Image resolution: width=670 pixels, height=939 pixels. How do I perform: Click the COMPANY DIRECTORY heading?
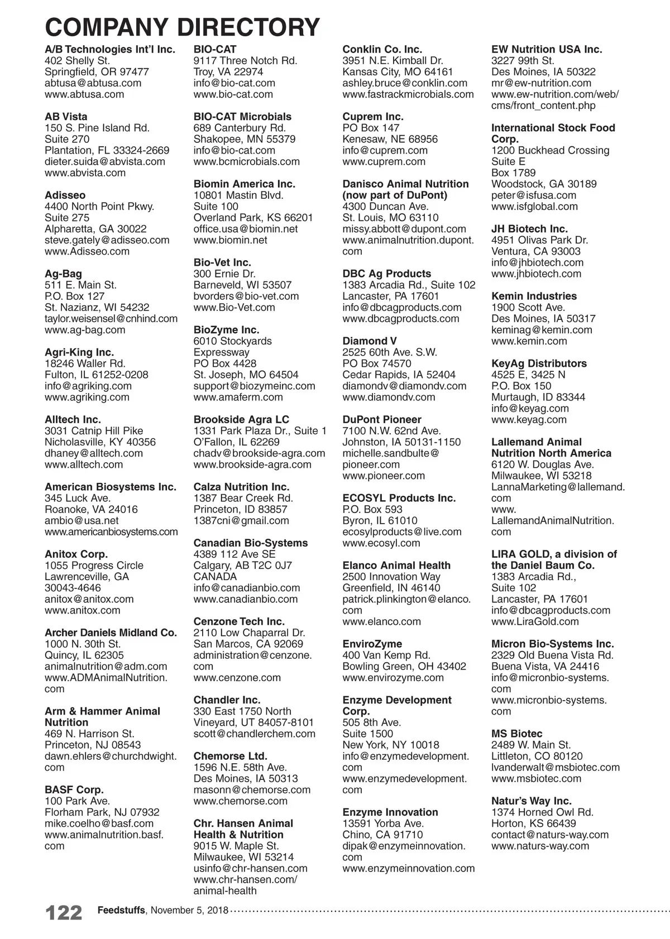(182, 27)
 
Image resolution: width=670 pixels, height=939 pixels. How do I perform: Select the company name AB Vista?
(66, 117)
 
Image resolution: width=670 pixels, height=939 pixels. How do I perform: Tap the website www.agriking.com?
(87, 397)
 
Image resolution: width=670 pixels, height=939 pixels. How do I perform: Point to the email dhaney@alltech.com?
(93, 453)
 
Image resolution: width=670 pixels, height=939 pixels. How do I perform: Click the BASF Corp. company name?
(74, 790)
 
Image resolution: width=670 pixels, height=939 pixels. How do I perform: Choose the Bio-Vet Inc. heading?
(222, 262)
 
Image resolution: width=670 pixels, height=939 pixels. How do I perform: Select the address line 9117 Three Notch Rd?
(245, 60)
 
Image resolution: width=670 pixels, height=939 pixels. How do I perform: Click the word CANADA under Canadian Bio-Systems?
(215, 577)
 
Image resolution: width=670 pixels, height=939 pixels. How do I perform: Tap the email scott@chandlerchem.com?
(254, 734)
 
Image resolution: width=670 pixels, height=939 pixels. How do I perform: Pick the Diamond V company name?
(365, 341)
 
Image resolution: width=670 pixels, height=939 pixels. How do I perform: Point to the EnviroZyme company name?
(372, 644)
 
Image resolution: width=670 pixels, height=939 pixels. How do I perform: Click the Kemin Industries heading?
(534, 296)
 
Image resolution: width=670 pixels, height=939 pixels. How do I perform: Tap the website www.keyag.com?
(529, 419)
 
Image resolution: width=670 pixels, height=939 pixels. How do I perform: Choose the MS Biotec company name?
(516, 734)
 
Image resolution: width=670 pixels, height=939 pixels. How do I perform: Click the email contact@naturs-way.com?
(549, 835)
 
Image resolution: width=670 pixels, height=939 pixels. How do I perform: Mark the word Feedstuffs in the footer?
(121, 911)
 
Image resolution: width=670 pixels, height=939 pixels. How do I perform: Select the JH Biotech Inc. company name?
(529, 229)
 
